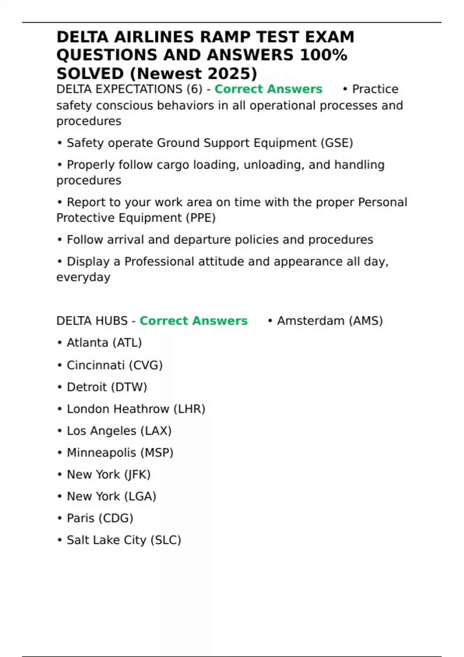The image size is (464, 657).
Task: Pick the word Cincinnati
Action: (96, 365)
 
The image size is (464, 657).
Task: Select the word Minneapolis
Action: (101, 453)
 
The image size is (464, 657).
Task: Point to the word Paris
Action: (80, 518)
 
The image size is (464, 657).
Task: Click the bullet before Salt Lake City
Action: (60, 540)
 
